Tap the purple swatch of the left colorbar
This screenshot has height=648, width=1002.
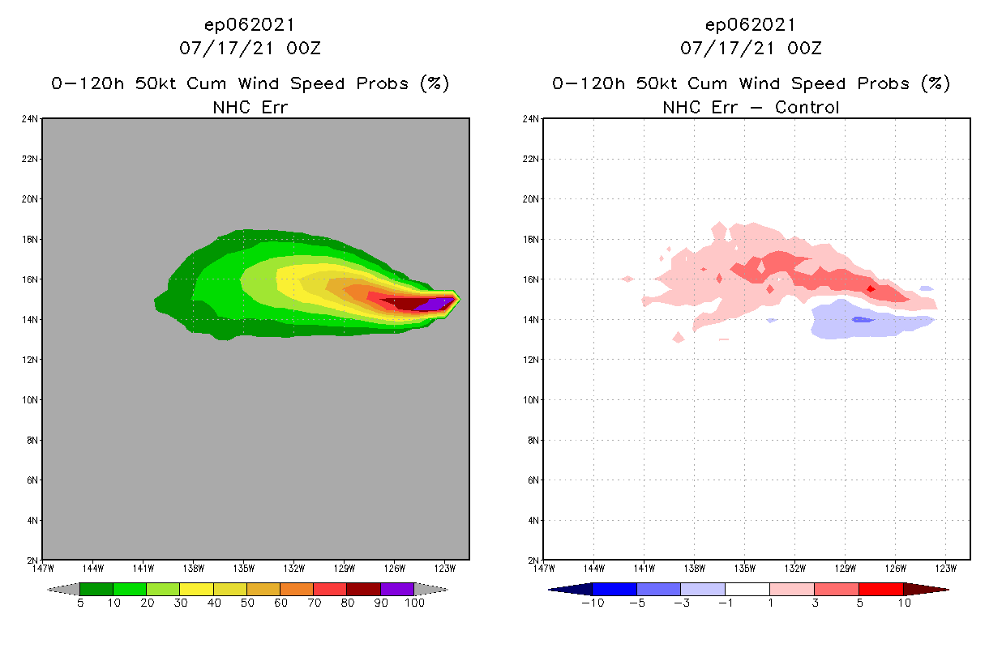[x=397, y=589]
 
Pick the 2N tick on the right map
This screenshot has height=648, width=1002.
[x=533, y=560]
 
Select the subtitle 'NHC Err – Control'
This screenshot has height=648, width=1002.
[x=751, y=107]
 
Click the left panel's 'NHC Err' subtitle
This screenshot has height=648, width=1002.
[x=250, y=107]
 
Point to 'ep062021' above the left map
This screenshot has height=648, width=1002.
[x=250, y=24]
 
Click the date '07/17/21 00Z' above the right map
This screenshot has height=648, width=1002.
[x=751, y=49]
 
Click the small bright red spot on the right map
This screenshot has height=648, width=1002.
[x=871, y=288]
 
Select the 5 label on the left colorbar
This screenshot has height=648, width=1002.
[x=80, y=603]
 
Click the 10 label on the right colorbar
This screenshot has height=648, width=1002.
[x=903, y=603]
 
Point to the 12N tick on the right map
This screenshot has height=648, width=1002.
[x=531, y=359]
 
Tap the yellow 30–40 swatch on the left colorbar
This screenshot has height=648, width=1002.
[x=196, y=589]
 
